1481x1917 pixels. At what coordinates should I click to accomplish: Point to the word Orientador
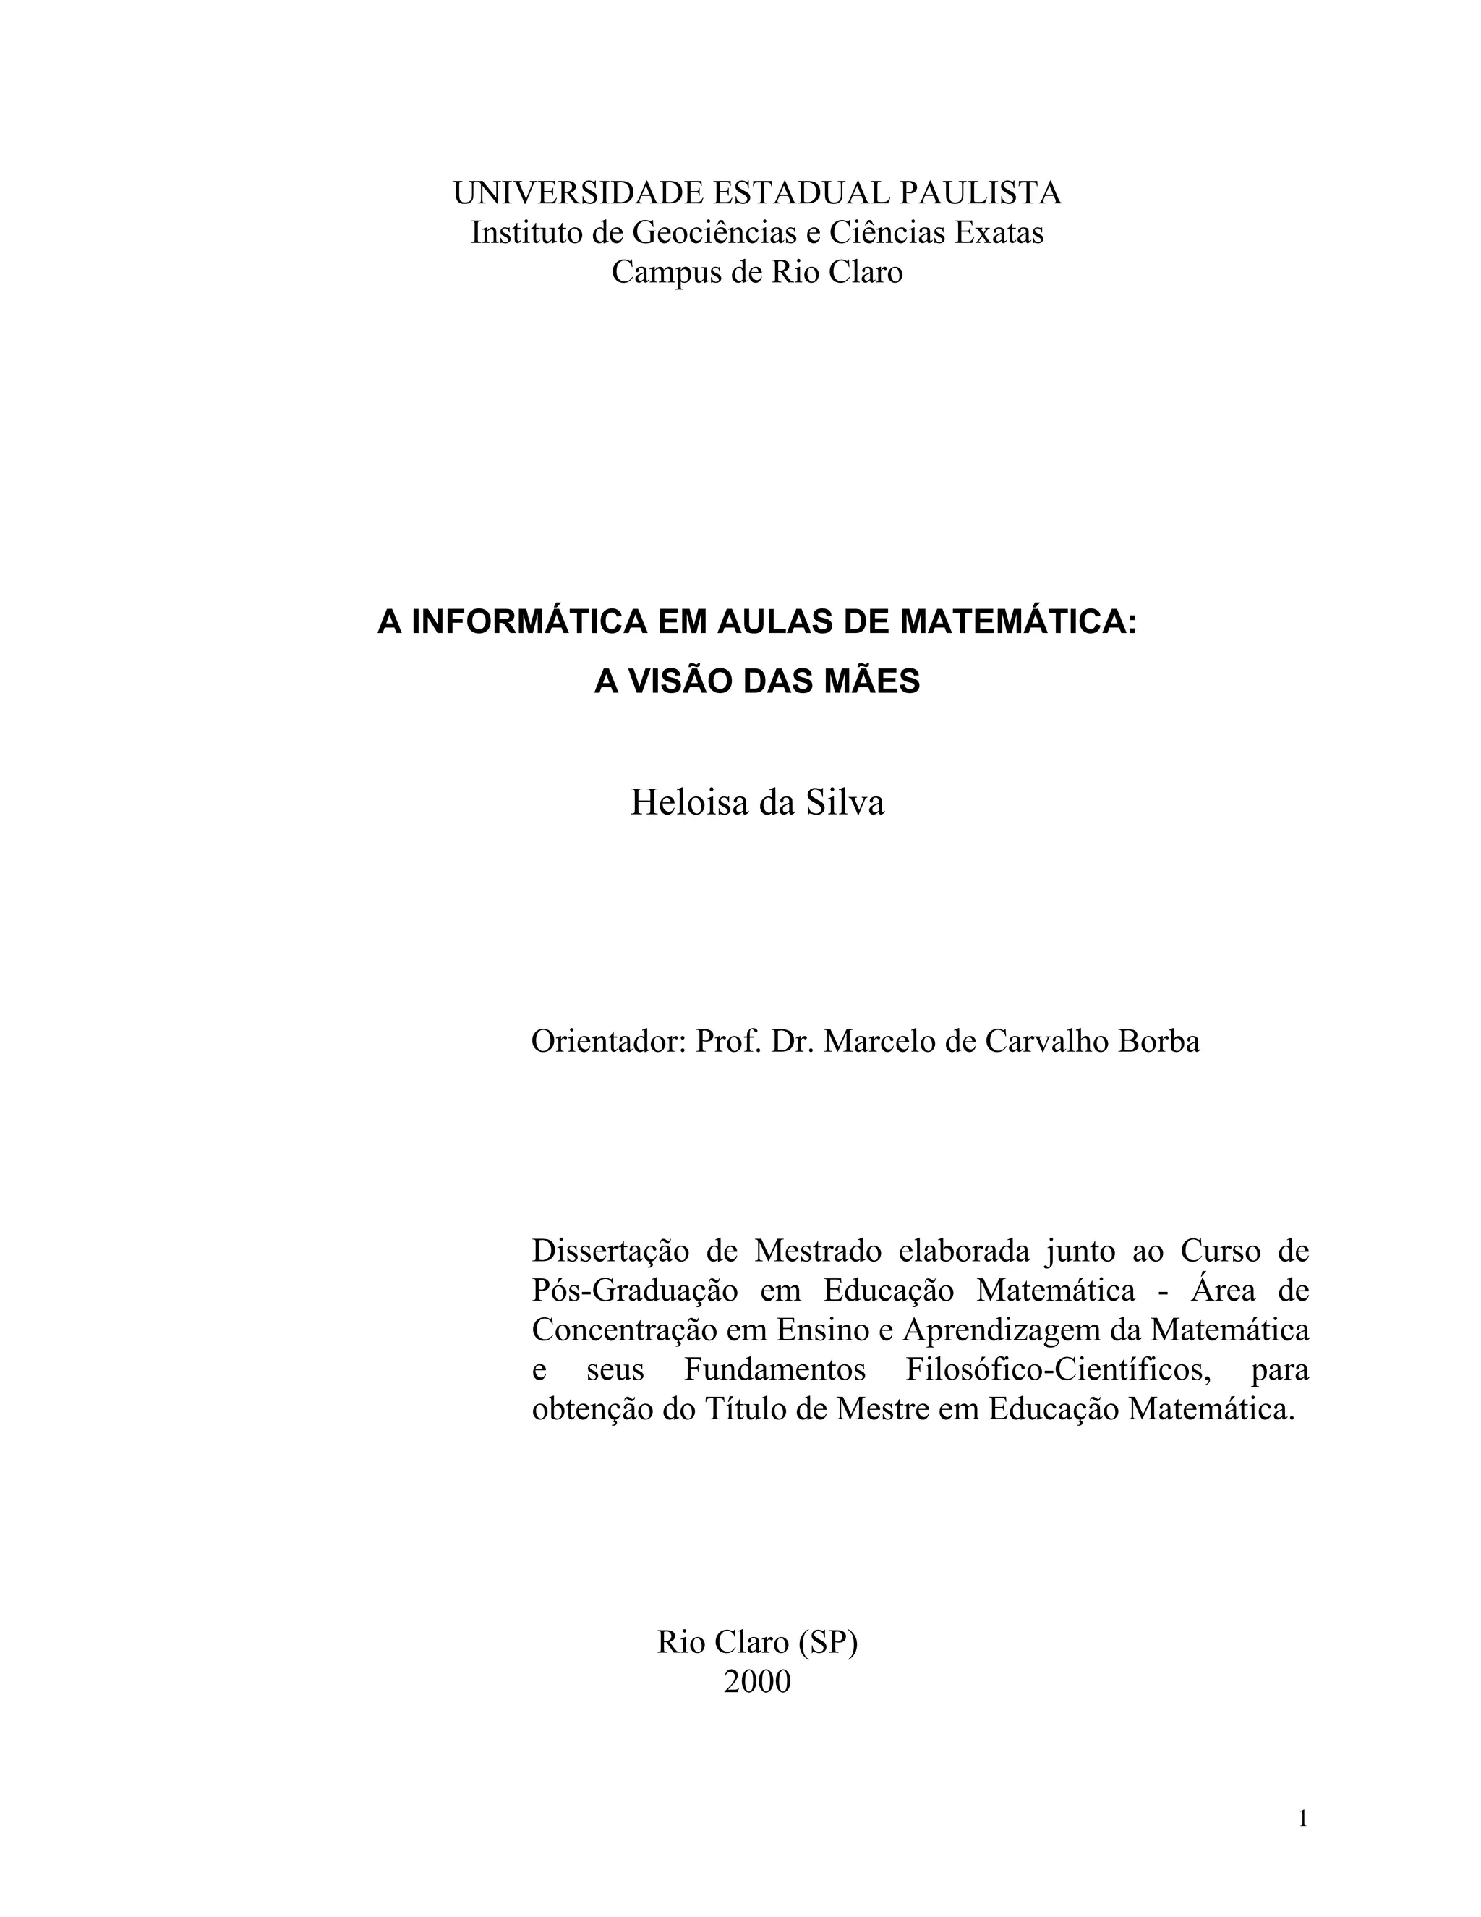pos(606,1041)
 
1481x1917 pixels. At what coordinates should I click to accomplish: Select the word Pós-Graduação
pos(634,1291)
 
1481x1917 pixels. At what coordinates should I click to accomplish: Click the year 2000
pos(756,1682)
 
